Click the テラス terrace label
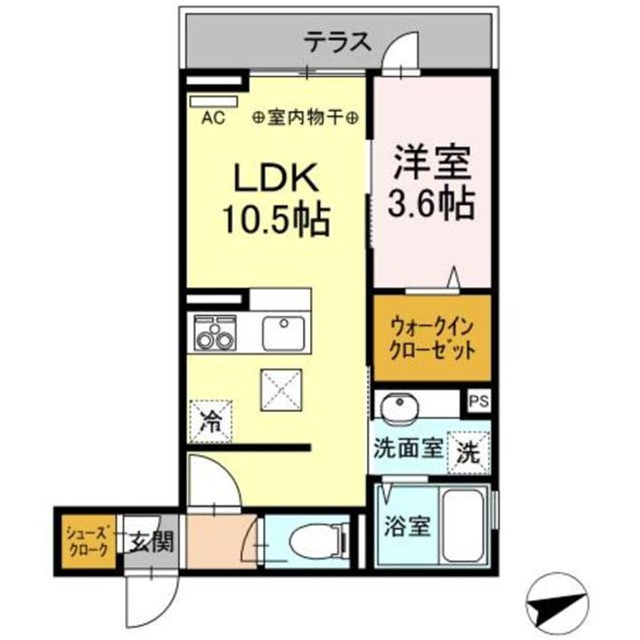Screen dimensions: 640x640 [x=336, y=41]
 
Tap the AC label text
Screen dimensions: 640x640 [x=214, y=116]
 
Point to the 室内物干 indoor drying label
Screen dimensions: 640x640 [x=306, y=116]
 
